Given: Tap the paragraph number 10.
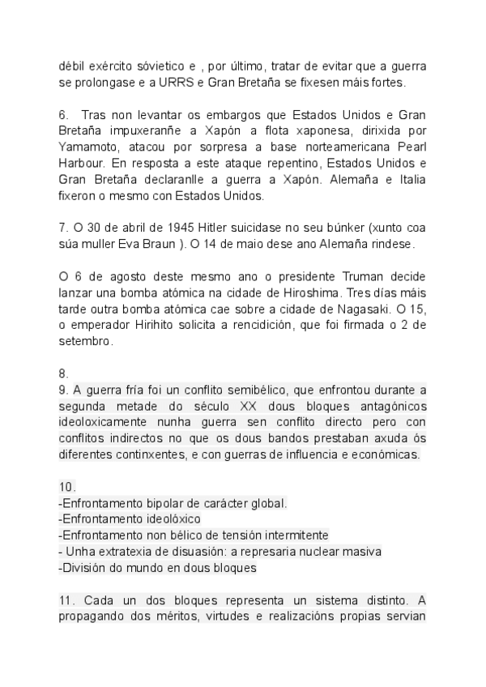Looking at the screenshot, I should click(x=67, y=486).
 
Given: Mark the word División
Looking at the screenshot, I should click(x=84, y=567).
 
